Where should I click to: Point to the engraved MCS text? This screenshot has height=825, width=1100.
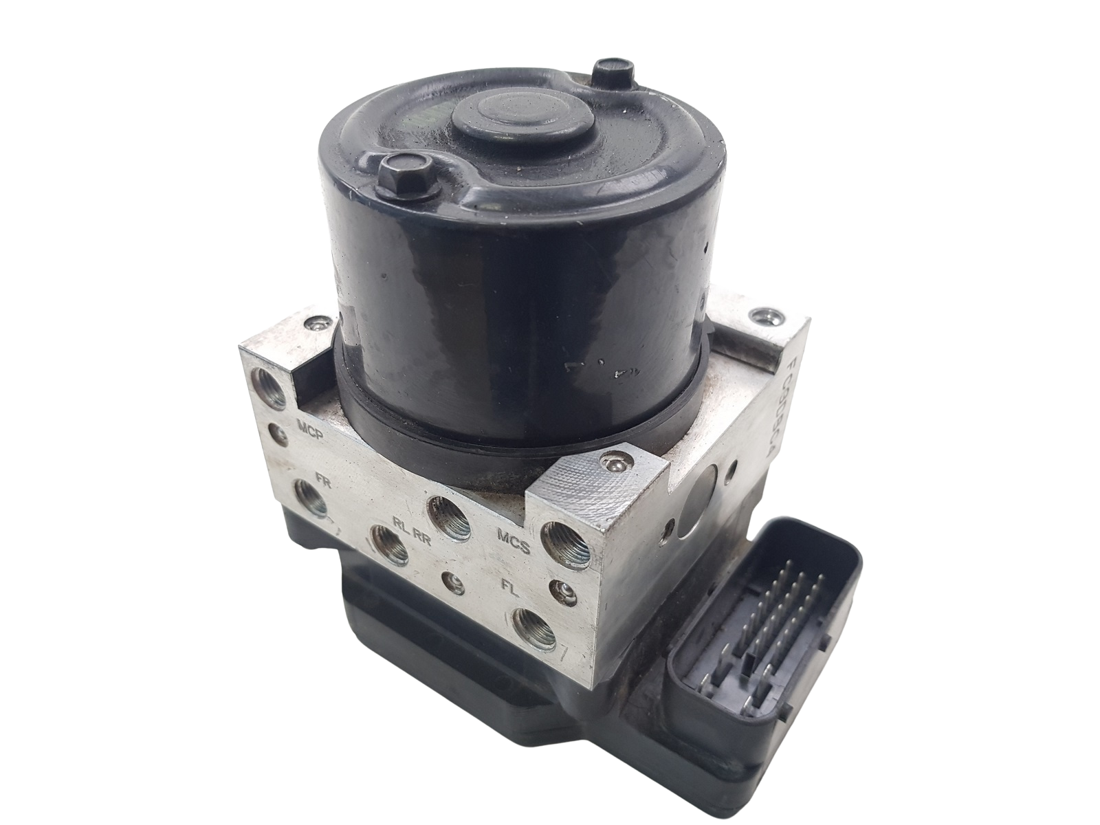(x=513, y=548)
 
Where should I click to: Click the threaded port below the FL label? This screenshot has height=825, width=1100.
(x=534, y=626)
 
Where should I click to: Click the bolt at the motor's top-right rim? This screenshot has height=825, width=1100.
(x=608, y=71)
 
